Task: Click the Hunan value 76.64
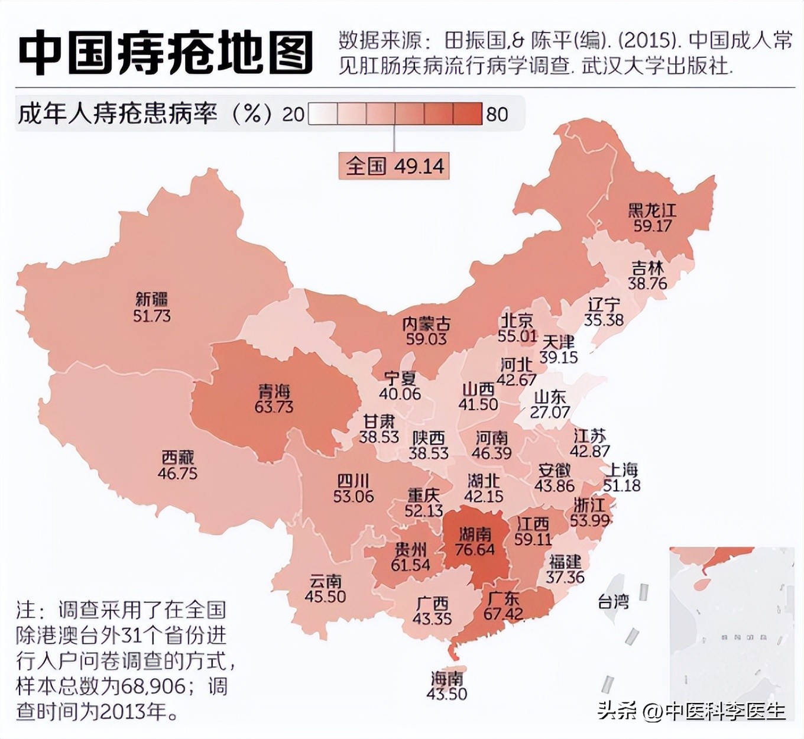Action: coord(475,550)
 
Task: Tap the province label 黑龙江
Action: coord(652,210)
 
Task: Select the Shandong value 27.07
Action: coord(550,413)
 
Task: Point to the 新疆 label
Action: coord(152,299)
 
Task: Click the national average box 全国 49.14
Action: coord(394,166)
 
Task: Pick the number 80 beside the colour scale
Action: coord(497,114)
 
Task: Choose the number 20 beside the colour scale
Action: coord(293,114)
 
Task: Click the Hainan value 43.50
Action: coord(447,694)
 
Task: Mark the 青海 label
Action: coord(274,391)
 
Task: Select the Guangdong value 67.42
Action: coord(503,614)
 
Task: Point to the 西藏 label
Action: coord(177,458)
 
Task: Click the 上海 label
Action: coord(622,470)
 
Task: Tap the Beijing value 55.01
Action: coord(517,336)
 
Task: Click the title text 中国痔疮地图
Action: coord(166,52)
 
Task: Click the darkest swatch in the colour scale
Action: coord(468,114)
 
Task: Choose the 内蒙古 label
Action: coord(426,323)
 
